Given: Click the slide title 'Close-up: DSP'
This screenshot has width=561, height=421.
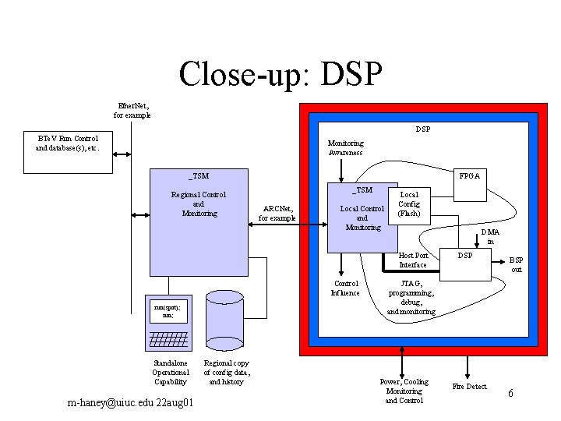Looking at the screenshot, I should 280,74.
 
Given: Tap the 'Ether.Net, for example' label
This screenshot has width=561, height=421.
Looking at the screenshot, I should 132,110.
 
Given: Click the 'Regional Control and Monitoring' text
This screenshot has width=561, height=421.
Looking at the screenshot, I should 199,203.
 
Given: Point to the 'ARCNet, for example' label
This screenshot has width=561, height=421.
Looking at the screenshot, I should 278,213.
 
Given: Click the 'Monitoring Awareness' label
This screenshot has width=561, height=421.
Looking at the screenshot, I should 345,148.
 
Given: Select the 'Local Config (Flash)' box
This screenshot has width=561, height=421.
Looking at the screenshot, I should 409,204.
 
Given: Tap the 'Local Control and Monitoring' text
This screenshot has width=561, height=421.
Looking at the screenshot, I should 362,218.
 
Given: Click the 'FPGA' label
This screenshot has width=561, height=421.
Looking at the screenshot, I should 469,176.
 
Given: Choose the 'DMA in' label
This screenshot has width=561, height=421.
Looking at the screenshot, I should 490,236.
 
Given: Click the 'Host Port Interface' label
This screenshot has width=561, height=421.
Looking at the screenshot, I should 413,260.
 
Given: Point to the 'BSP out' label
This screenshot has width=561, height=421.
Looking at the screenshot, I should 516,265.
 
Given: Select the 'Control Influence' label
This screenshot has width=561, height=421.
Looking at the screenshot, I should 345,288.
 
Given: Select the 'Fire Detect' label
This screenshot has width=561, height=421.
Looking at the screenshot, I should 470,387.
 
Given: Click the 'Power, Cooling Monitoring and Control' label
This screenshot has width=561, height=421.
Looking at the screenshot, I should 403,391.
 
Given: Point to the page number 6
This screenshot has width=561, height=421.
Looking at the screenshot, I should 510,394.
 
